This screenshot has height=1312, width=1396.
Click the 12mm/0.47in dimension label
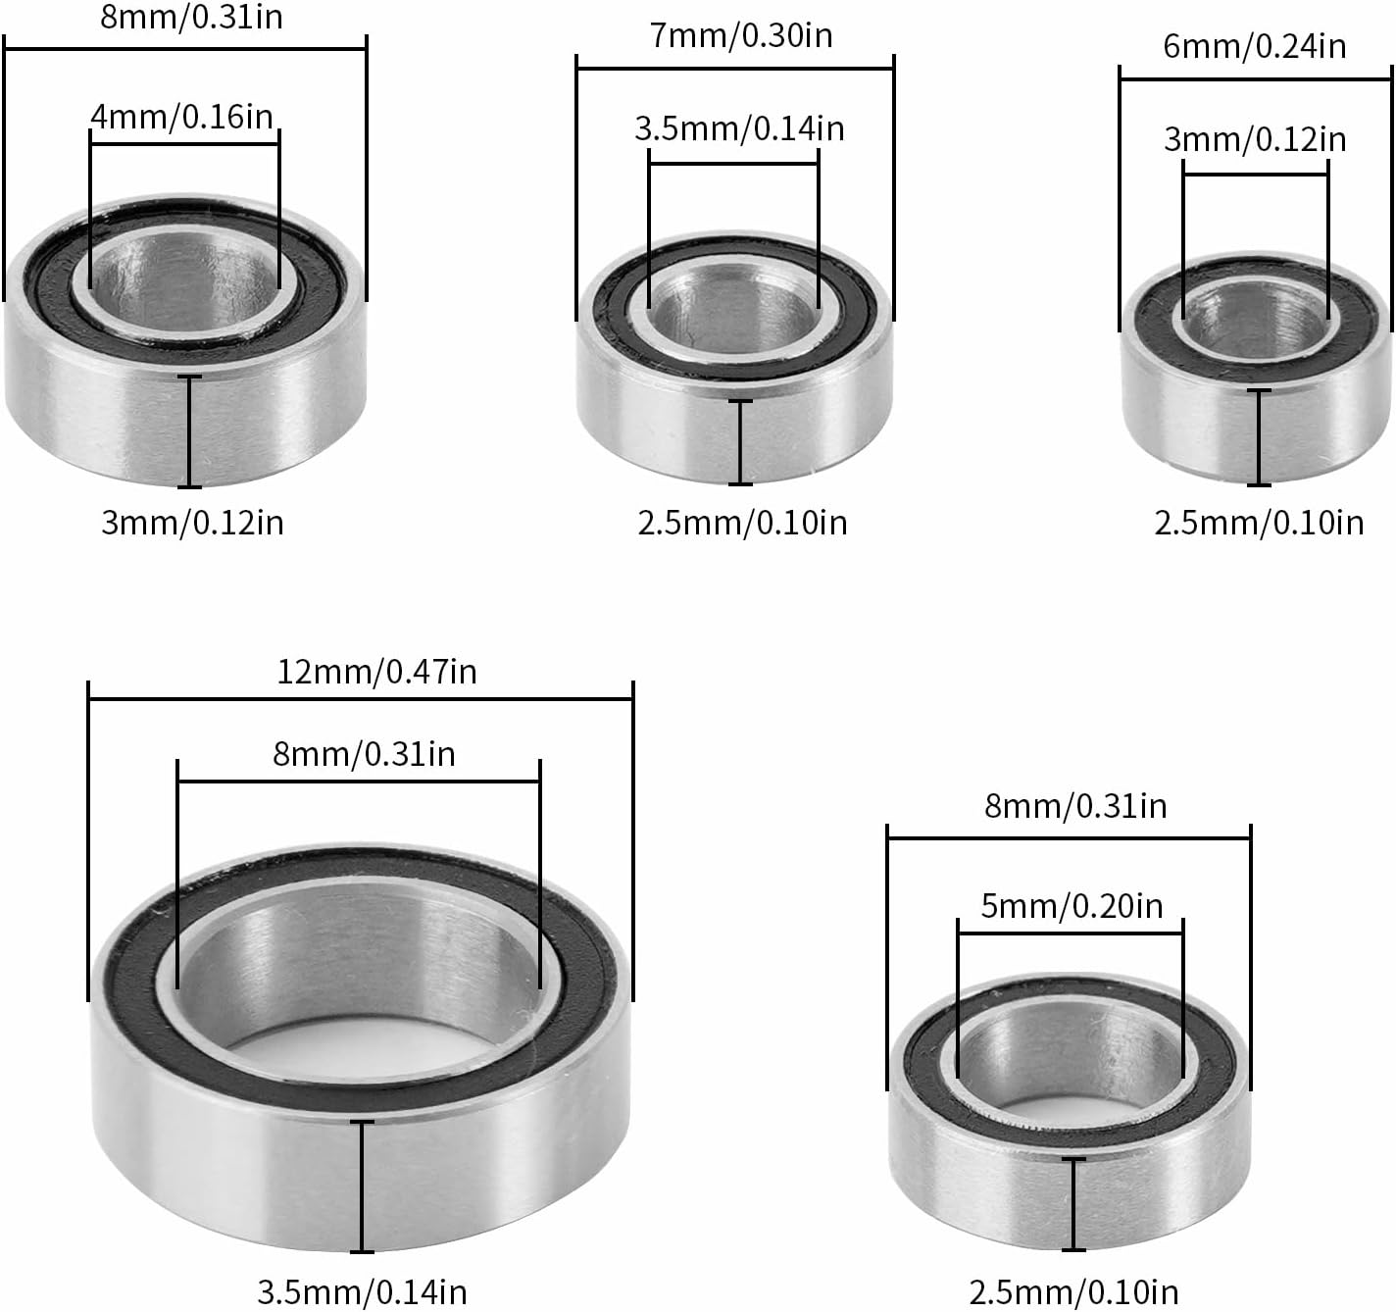click(x=376, y=672)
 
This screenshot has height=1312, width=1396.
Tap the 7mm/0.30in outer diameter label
click(x=741, y=36)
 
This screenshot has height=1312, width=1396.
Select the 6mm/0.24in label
click(x=1255, y=46)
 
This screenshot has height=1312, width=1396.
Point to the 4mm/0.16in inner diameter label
click(x=182, y=116)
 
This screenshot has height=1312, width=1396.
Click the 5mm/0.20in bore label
click(x=1072, y=906)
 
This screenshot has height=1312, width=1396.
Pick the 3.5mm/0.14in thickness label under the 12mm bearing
click(x=362, y=1290)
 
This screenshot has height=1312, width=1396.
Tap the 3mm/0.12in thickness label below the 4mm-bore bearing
click(x=192, y=523)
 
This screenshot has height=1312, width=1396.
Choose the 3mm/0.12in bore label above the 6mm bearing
click(x=1256, y=139)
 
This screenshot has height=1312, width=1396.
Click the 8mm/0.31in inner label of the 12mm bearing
click(x=364, y=754)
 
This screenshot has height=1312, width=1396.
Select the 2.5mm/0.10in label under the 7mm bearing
click(x=742, y=523)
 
